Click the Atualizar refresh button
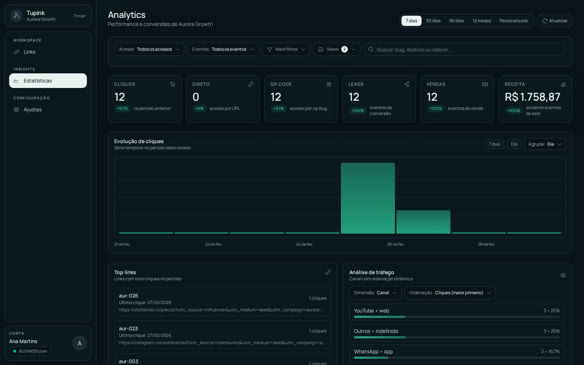(x=554, y=21)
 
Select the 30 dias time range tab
(x=433, y=21)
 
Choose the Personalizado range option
(x=514, y=21)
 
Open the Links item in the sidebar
(x=30, y=52)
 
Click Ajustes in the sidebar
(x=32, y=109)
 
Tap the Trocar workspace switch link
(x=79, y=16)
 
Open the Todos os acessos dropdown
(x=149, y=49)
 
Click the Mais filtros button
(x=286, y=49)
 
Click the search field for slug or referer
(x=467, y=49)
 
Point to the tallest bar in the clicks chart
(x=368, y=198)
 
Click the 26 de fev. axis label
(x=396, y=244)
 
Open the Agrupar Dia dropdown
(x=545, y=144)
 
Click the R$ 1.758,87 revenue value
(x=532, y=97)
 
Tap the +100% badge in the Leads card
(x=357, y=111)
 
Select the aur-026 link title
(x=128, y=296)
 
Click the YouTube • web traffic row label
(x=371, y=311)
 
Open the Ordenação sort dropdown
(x=450, y=293)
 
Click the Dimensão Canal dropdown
(x=375, y=293)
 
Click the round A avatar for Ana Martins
(x=79, y=343)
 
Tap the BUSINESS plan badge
(x=30, y=351)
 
